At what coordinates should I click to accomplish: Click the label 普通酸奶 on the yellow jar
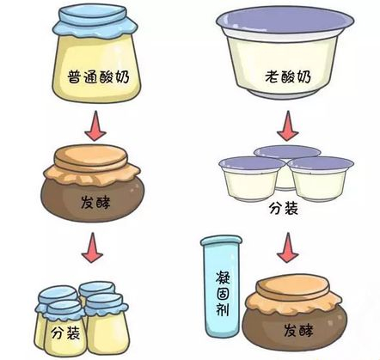coord(98,76)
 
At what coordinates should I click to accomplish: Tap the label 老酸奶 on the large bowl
coord(288,76)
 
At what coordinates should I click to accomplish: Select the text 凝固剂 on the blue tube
coord(223,293)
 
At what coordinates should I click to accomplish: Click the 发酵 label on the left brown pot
coord(95,203)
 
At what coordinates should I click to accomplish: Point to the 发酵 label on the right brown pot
coord(298,330)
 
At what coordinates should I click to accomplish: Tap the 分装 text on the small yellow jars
coord(65,333)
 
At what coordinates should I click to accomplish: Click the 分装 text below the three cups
coord(283,208)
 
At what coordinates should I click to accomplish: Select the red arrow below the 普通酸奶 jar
coord(95,126)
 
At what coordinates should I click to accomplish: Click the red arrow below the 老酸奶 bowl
coord(288,126)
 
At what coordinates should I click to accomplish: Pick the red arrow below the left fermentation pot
coord(92,247)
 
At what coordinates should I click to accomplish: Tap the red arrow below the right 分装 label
coord(288,247)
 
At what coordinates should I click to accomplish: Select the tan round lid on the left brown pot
coord(91,158)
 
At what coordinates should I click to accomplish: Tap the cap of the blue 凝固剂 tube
coord(221,241)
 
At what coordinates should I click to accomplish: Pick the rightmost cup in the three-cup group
coord(321,179)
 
